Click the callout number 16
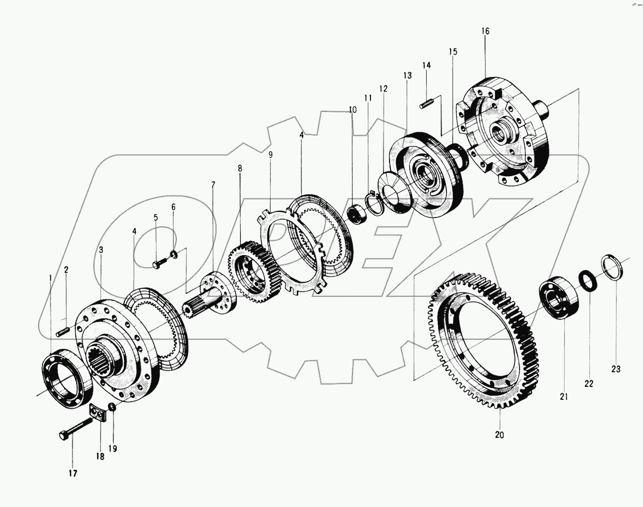(485, 31)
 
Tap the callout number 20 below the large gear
(499, 435)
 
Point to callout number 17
(72, 473)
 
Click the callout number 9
(270, 155)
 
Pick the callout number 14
(426, 65)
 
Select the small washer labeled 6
(174, 253)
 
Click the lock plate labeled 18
(98, 413)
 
